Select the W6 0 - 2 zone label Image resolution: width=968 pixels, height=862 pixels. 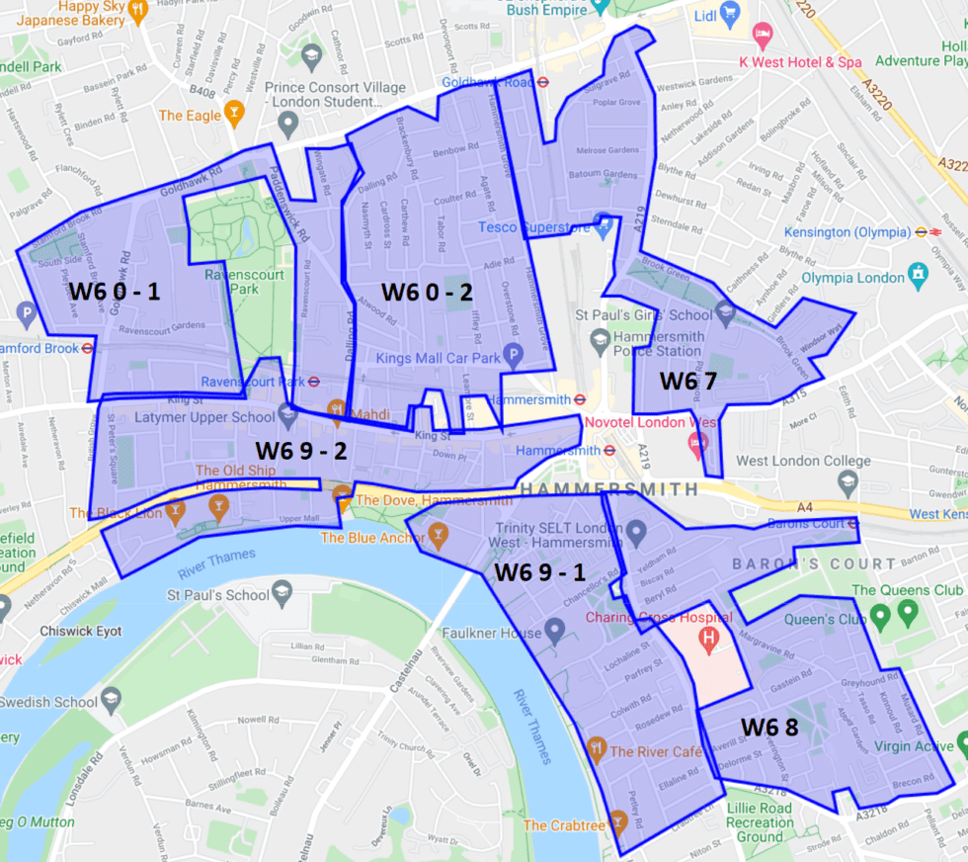[x=428, y=292]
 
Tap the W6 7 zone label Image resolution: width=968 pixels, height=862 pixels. [x=688, y=380]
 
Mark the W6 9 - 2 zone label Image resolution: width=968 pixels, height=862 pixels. [x=301, y=451]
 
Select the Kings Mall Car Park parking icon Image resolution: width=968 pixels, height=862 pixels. [x=513, y=354]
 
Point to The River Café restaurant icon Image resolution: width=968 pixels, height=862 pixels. [x=595, y=750]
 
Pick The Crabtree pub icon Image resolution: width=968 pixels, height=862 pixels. [x=617, y=819]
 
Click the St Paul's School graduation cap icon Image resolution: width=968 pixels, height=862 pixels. [x=282, y=593]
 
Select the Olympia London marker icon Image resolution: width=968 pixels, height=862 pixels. [x=919, y=271]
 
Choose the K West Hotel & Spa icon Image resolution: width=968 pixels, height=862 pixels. [x=762, y=38]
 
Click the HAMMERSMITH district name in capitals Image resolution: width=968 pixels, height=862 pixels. [x=607, y=489]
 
